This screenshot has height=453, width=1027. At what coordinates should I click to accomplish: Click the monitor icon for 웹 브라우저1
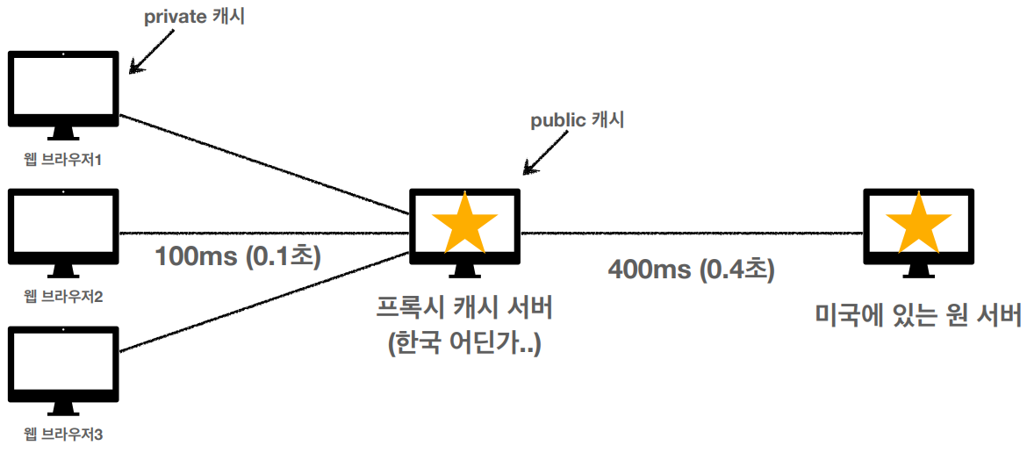63,91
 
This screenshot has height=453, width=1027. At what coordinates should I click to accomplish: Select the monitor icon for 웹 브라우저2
63,226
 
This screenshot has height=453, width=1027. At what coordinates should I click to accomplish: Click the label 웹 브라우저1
63,161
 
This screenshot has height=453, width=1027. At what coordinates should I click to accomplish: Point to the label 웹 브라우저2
63,297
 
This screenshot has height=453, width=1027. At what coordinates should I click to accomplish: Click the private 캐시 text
195,18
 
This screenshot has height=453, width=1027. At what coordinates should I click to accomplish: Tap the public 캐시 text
577,121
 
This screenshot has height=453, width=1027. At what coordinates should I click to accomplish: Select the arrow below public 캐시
539,156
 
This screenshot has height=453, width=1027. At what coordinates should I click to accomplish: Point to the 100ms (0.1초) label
238,256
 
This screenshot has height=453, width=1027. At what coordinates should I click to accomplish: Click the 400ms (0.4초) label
692,269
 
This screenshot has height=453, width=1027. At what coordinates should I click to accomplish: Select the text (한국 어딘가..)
465,341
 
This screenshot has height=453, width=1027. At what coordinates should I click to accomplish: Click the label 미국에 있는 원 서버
918,314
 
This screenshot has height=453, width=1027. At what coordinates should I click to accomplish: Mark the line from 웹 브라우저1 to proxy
263,163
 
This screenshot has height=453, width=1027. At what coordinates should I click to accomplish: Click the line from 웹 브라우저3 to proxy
263,302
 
